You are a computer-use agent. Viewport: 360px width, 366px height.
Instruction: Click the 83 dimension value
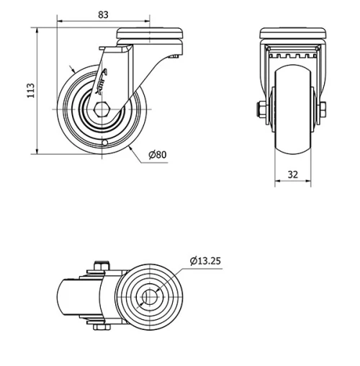coord(103,15)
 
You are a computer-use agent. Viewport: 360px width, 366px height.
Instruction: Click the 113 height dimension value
coord(31,91)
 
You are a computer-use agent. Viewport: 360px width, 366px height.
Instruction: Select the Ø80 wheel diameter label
coord(158,155)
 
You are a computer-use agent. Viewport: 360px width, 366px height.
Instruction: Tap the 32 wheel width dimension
coord(293,174)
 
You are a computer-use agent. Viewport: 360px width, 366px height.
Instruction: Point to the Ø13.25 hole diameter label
coord(205,261)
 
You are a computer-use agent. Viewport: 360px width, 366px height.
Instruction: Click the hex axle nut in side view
coord(102,110)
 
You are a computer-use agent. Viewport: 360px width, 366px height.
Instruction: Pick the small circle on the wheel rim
coord(104,143)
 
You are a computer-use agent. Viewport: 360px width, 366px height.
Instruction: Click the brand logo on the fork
coord(102,81)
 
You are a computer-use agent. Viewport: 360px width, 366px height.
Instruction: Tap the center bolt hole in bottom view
coord(149,297)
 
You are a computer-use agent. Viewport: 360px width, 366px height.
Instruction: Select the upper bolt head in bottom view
coord(102,266)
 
